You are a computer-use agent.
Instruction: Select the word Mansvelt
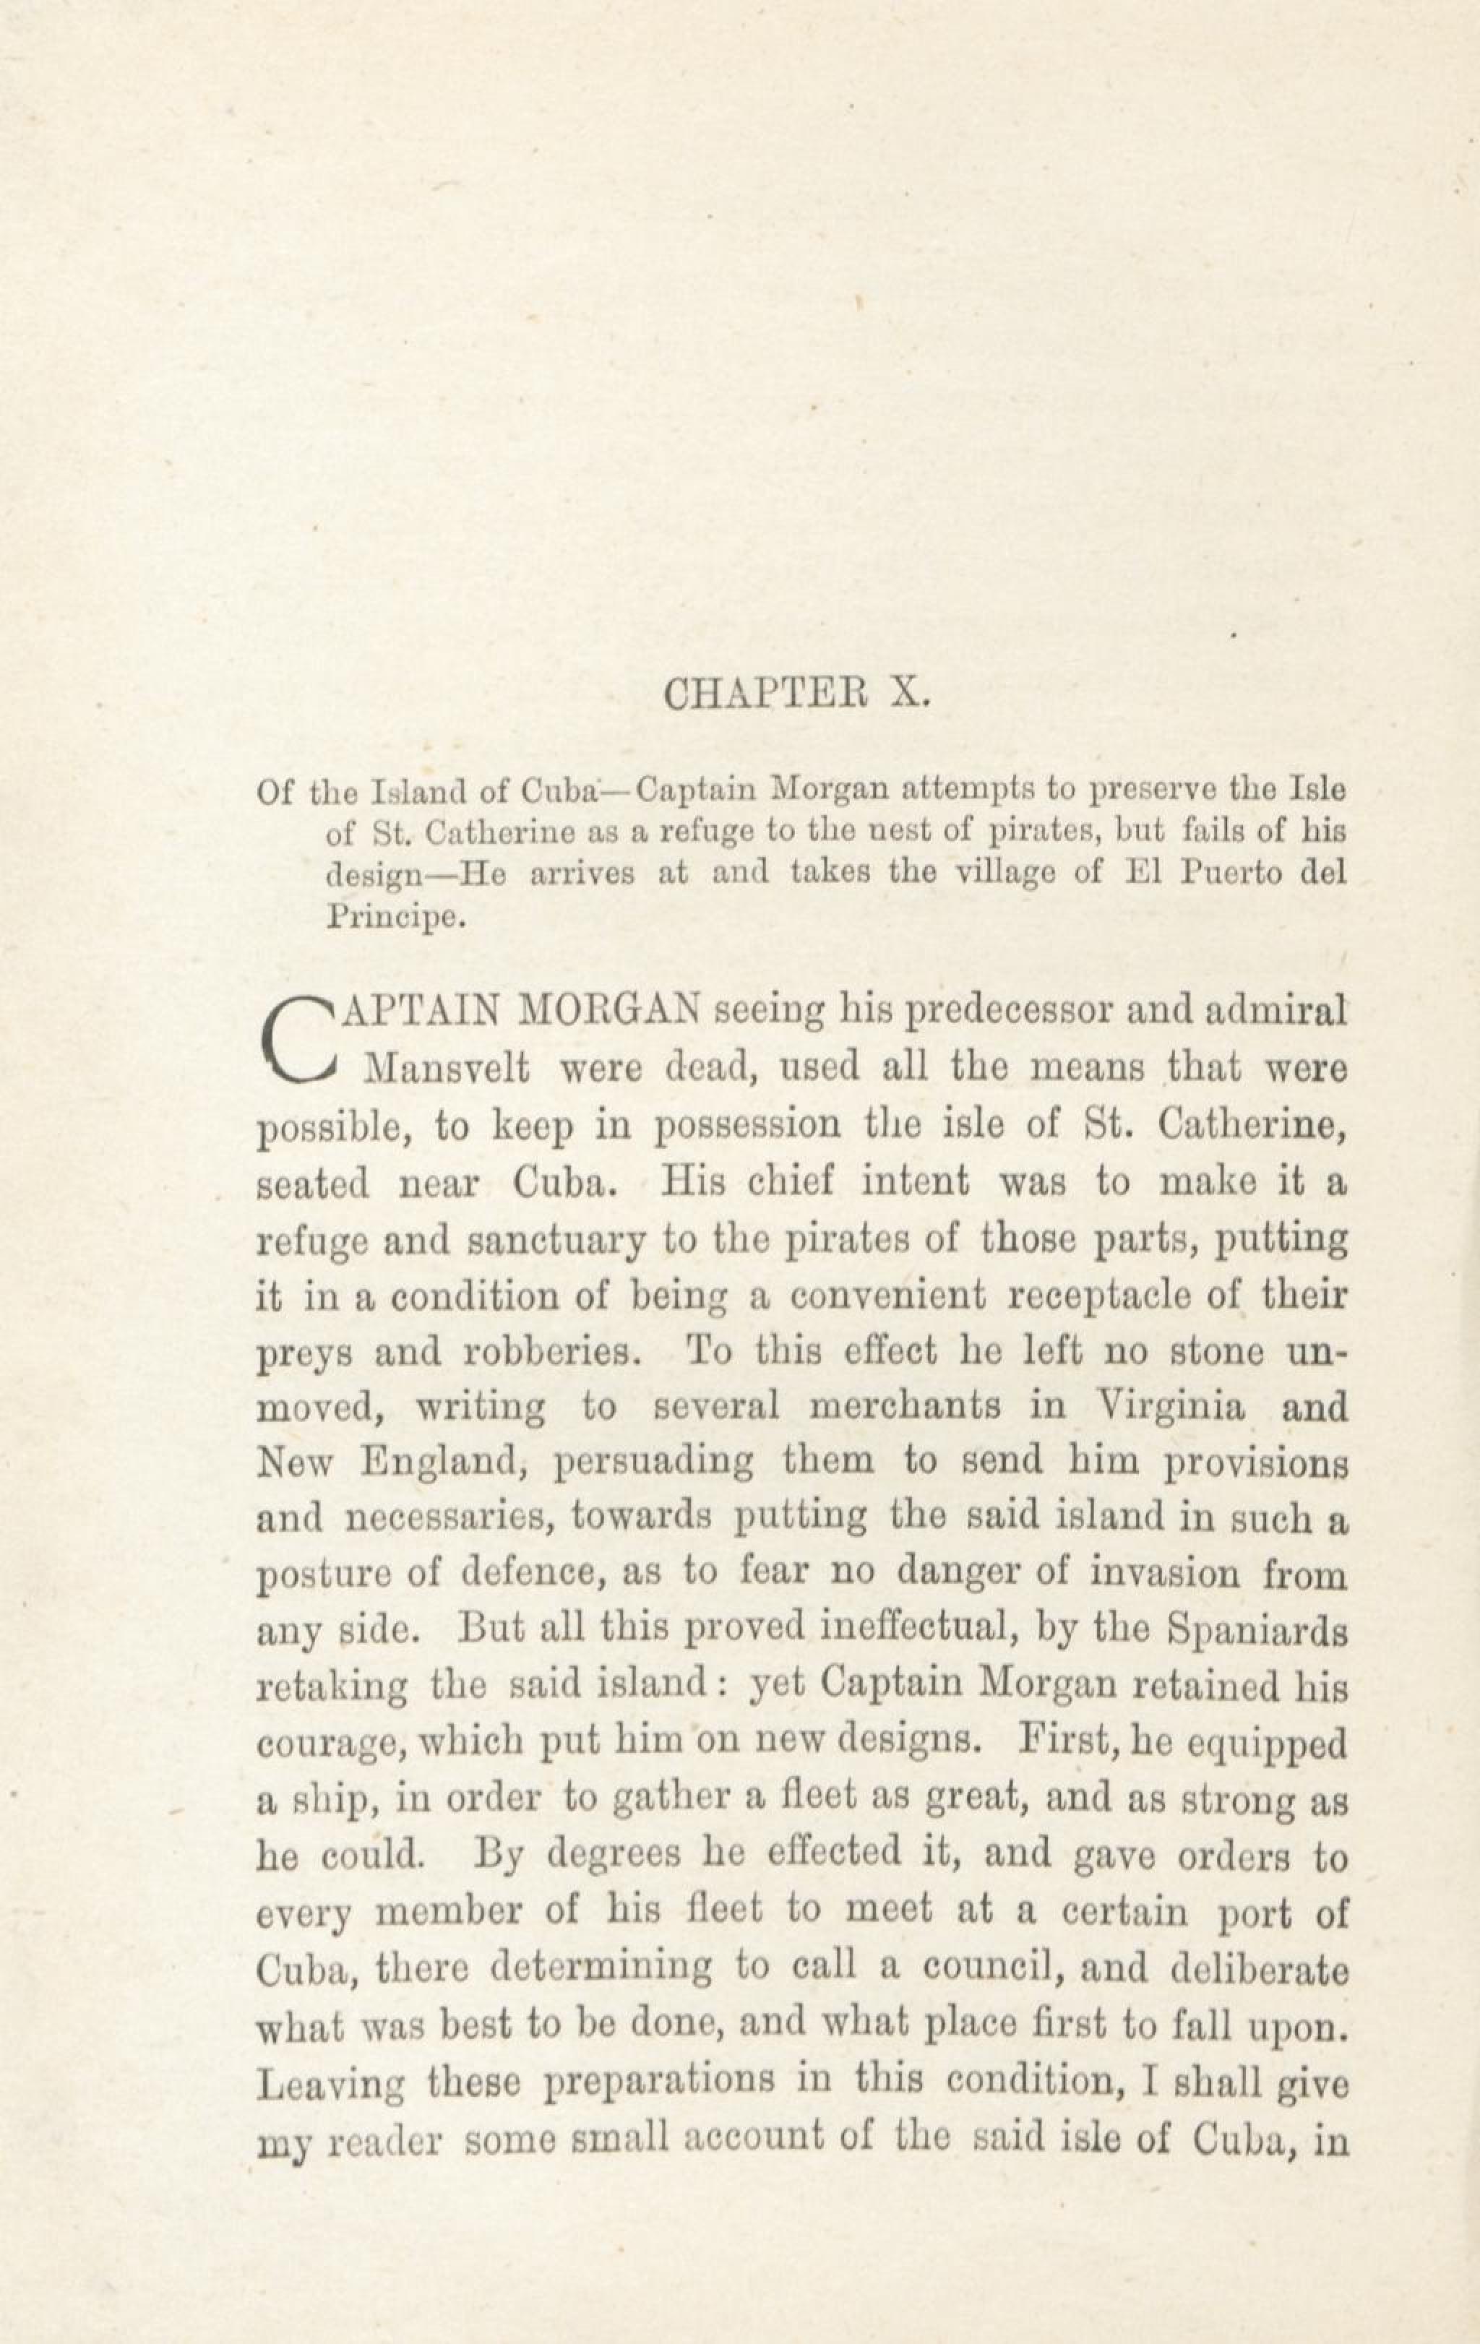point(446,1069)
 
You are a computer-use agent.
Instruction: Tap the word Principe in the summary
point(390,917)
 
